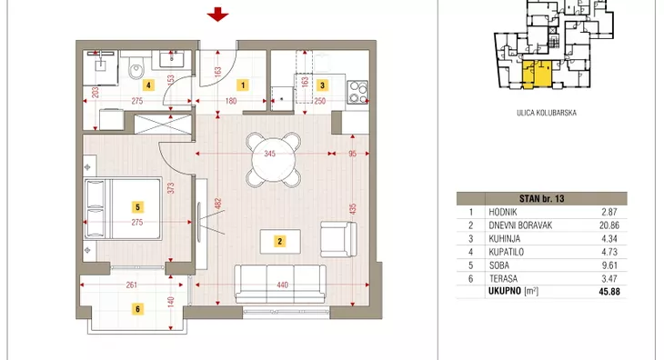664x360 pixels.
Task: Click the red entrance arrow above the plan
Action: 217,15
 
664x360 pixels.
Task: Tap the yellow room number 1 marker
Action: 243,85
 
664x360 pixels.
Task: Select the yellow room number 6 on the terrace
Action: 137,309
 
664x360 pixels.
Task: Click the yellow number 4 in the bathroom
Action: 148,85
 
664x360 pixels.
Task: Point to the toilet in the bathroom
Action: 136,68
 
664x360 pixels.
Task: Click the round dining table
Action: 274,160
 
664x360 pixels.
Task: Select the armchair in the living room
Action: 338,239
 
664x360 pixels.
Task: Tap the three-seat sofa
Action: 280,284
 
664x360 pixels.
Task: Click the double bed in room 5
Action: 123,208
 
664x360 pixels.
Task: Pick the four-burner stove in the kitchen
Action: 357,92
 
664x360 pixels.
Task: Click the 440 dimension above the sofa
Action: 283,285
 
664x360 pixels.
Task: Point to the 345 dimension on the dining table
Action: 270,154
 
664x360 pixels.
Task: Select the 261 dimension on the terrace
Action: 132,285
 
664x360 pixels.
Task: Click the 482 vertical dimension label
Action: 218,204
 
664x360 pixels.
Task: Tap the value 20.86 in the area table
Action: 609,225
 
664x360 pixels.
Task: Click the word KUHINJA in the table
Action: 504,238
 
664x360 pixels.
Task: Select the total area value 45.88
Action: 609,292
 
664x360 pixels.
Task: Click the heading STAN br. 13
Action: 541,198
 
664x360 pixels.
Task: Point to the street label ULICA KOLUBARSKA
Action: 547,113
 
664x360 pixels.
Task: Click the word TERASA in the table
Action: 503,279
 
